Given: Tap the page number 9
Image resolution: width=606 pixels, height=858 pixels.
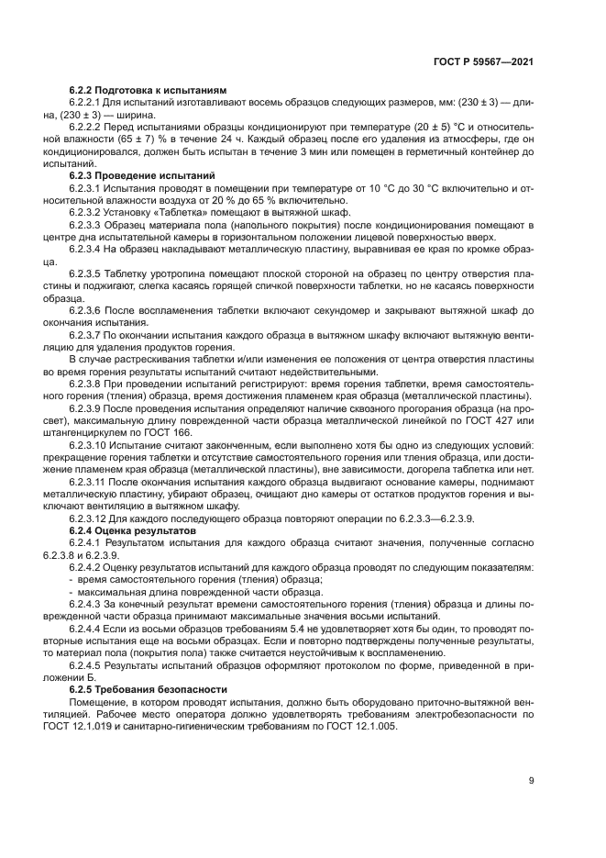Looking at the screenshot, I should point(531,780).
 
